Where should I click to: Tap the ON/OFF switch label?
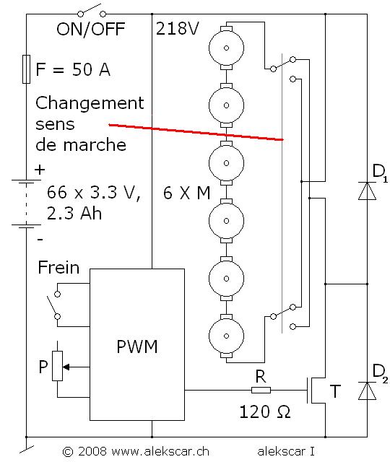[90, 30]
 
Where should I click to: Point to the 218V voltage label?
[177, 30]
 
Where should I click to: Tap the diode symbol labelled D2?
[368, 391]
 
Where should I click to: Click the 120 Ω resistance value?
[265, 414]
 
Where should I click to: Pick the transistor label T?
[336, 391]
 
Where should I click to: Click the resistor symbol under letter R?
[261, 391]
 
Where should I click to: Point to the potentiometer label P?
[44, 366]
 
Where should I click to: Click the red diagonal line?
[195, 131]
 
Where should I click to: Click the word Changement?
[90, 104]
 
